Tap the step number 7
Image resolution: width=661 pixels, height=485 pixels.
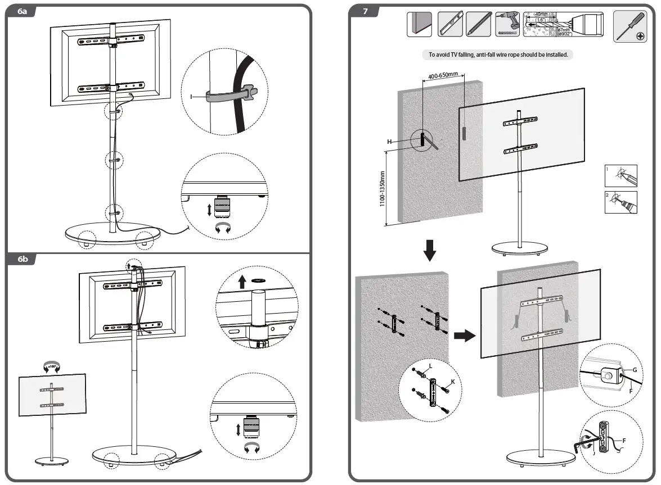pyautogui.click(x=365, y=11)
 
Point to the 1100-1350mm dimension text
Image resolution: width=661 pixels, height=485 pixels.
pyautogui.click(x=383, y=189)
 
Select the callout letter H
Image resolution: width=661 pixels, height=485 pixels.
pyautogui.click(x=389, y=142)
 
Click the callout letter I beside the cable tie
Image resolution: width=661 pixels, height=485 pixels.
pyautogui.click(x=192, y=97)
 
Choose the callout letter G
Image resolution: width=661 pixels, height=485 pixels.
pyautogui.click(x=635, y=370)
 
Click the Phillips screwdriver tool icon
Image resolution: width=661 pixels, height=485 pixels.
pyautogui.click(x=629, y=25)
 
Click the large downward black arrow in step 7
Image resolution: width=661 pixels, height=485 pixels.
pyautogui.click(x=430, y=250)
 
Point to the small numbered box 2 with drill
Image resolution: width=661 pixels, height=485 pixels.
pyautogui.click(x=620, y=202)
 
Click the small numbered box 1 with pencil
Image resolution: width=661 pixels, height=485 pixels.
pyautogui.click(x=620, y=176)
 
